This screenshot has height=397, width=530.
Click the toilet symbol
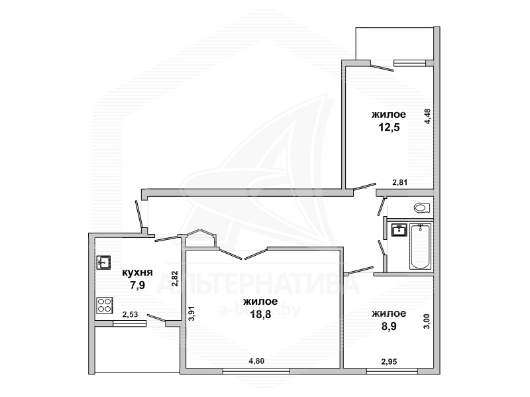tap(422, 207)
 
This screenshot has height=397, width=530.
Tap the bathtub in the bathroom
tap(421, 247)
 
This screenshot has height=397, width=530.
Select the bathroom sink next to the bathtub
tap(399, 230)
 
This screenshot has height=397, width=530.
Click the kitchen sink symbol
tap(103, 262)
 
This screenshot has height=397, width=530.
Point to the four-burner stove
tap(105, 305)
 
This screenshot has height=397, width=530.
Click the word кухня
tap(138, 272)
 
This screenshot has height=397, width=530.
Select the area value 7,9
tap(138, 286)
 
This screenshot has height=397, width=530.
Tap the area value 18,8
tap(260, 315)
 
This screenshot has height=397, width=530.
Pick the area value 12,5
tap(389, 127)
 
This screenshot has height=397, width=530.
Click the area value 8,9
tap(389, 326)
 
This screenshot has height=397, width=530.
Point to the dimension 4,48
tap(427, 117)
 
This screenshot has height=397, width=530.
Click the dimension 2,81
tap(400, 183)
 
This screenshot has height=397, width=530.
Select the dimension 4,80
tap(256, 361)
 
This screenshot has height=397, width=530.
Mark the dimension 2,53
tap(130, 315)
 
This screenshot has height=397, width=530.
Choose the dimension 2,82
tap(174, 279)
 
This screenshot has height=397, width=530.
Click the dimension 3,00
tap(427, 321)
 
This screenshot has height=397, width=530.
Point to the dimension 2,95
tap(390, 362)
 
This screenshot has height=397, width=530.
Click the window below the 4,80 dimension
tap(256, 371)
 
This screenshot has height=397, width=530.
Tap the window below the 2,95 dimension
tap(392, 371)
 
